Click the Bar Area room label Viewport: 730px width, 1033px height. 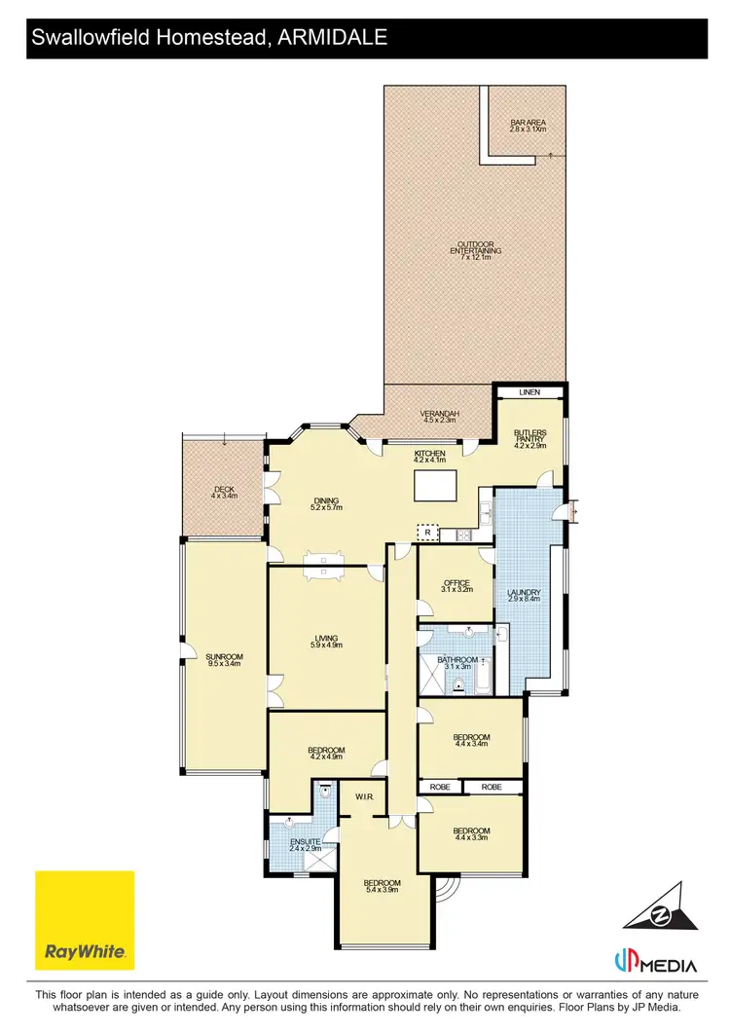[x=529, y=126]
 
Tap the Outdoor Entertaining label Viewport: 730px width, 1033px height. [x=476, y=250]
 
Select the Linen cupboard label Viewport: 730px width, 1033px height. [x=529, y=392]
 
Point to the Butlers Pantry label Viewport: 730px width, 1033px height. [x=529, y=437]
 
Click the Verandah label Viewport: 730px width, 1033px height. [x=440, y=416]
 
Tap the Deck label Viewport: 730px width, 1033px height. [x=223, y=492]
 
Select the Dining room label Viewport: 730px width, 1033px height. [x=326, y=504]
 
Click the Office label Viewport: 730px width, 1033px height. [x=456, y=586]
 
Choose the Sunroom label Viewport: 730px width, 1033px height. [x=223, y=659]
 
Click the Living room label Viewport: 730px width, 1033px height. [x=326, y=642]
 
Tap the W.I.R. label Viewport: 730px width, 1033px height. [x=365, y=796]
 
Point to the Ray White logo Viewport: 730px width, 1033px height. [x=85, y=920]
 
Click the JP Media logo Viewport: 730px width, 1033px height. [x=655, y=964]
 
